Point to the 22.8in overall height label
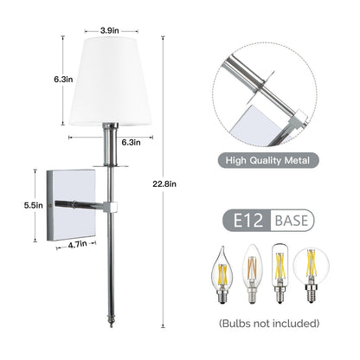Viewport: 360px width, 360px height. point(174,183)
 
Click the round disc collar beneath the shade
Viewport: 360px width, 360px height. point(110,160)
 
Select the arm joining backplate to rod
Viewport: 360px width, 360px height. point(95,206)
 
